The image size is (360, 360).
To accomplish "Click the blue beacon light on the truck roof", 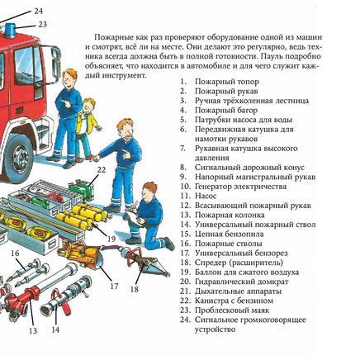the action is click(x=9, y=30).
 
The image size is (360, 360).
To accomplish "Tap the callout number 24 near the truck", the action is click(x=39, y=12).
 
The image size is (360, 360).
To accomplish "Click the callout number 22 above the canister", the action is click(x=101, y=170).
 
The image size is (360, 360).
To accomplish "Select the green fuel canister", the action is click(x=81, y=188).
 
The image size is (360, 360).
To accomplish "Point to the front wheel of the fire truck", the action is click(x=19, y=158).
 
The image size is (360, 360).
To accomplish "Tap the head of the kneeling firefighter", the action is click(x=149, y=192).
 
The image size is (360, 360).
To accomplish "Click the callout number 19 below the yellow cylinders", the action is click(x=111, y=239).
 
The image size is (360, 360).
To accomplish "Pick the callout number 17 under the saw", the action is click(x=114, y=287).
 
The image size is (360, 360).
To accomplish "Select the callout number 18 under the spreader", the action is click(x=135, y=289).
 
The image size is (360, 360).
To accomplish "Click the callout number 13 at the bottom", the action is click(x=33, y=330).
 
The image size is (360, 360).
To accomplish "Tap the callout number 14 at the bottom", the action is click(x=55, y=329).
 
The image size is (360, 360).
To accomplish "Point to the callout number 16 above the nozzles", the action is click(x=15, y=253).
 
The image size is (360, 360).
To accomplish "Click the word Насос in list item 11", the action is click(x=206, y=196).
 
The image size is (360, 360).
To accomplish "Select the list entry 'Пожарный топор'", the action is click(x=227, y=82).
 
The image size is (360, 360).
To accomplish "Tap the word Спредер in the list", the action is click(x=211, y=263).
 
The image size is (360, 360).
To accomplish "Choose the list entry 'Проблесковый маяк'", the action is click(x=232, y=310).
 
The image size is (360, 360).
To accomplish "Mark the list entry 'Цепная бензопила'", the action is click(x=230, y=234).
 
